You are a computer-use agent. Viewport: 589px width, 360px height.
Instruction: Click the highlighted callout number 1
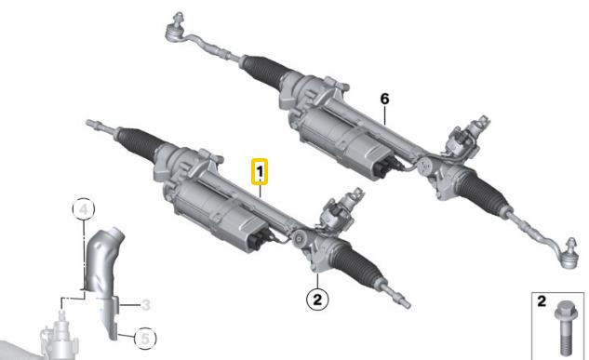click(x=260, y=172)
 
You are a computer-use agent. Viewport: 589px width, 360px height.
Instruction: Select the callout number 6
click(x=384, y=100)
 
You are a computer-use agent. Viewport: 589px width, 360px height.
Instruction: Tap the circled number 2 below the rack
click(x=317, y=300)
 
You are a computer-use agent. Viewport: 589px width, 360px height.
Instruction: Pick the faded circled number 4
click(x=84, y=209)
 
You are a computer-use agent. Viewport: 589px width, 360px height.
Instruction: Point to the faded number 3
click(x=146, y=305)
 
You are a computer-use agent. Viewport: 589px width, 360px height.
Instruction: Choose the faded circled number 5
click(x=145, y=339)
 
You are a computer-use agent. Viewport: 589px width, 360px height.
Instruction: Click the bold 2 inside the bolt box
click(x=542, y=301)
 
